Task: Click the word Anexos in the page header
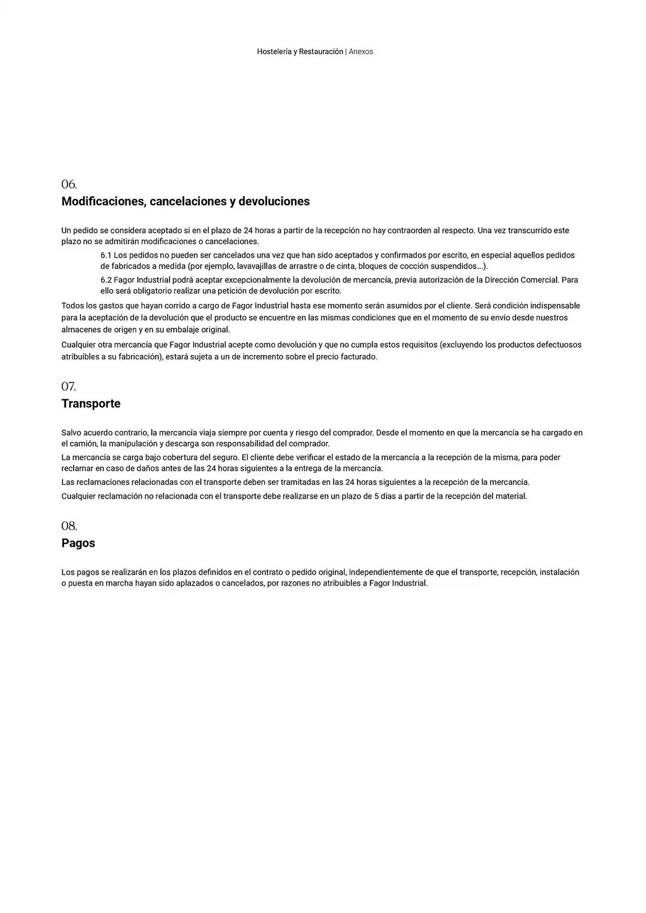click(x=361, y=52)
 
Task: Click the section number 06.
click(x=69, y=184)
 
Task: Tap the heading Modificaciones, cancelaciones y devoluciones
click(x=185, y=201)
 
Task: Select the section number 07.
click(x=69, y=387)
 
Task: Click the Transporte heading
click(x=91, y=404)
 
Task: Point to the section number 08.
click(x=69, y=526)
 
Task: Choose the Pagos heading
click(x=78, y=543)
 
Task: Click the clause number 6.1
click(x=106, y=255)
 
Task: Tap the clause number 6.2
click(x=106, y=280)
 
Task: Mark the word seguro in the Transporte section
click(x=225, y=457)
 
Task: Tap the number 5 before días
click(x=376, y=496)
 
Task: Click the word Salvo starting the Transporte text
click(x=71, y=433)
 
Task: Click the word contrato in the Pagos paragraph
click(x=267, y=572)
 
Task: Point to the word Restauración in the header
click(x=321, y=52)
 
